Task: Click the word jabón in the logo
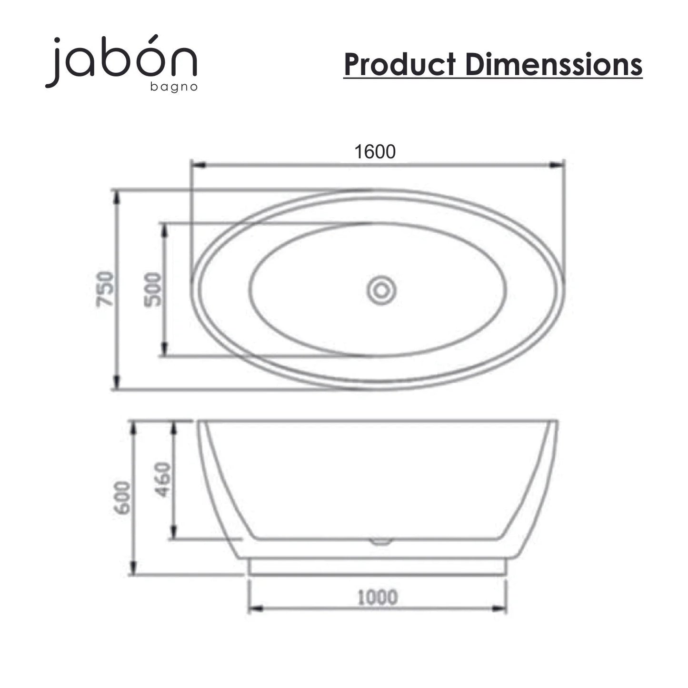(x=121, y=60)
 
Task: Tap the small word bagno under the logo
(x=174, y=87)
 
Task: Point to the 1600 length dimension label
(x=375, y=151)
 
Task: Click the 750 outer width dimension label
(x=105, y=289)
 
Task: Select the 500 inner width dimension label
(x=152, y=289)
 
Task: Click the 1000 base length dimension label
(x=378, y=598)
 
